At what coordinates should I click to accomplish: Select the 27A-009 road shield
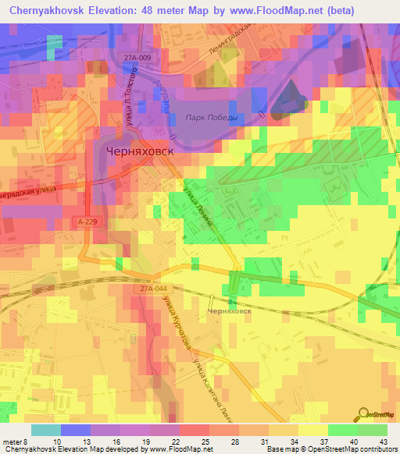tap(137, 58)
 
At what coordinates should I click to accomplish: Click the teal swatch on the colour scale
tap(46, 430)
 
